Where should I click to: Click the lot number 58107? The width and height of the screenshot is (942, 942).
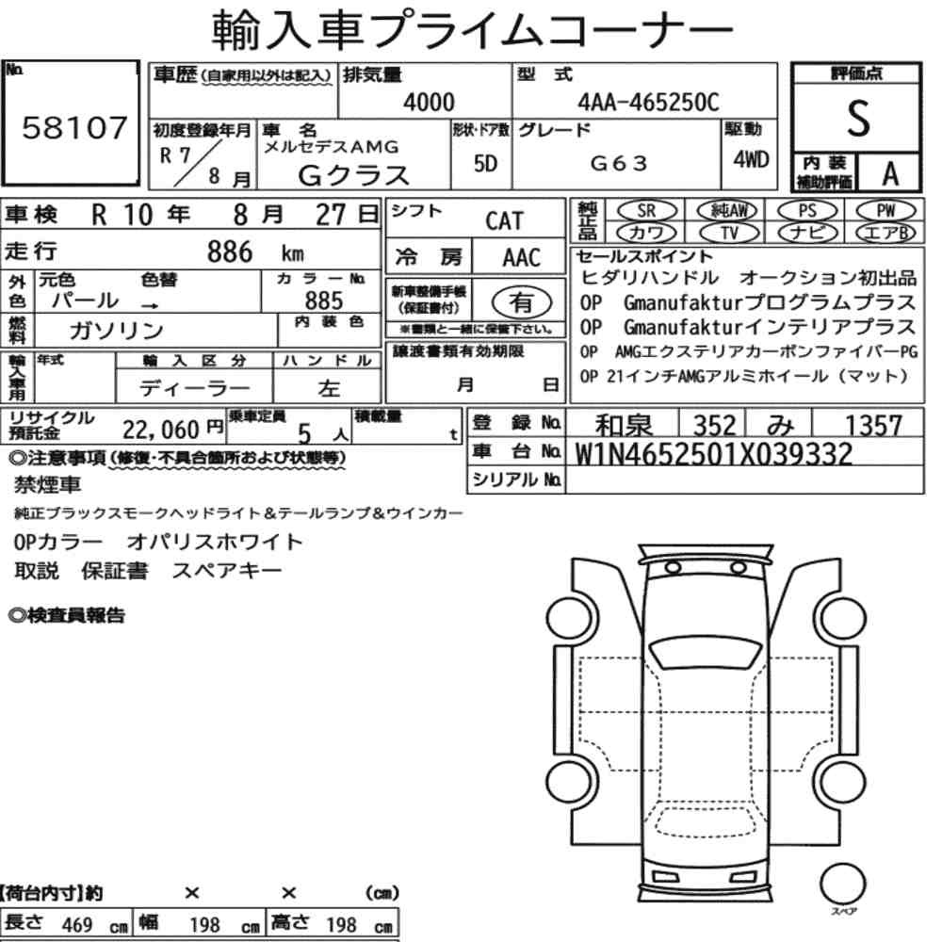tap(74, 127)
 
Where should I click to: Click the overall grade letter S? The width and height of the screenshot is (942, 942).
tap(858, 119)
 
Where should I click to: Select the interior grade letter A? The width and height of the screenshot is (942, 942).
tap(890, 174)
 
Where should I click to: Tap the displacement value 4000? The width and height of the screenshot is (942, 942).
tap(429, 102)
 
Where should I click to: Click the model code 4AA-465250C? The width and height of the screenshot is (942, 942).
tap(648, 102)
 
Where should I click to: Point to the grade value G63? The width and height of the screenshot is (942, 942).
tap(619, 163)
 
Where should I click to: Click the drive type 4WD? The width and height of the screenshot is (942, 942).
tap(751, 160)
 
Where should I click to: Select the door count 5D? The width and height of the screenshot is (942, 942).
tap(485, 163)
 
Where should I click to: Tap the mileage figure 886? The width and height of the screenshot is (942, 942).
tap(230, 252)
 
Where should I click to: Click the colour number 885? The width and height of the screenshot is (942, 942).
tap(324, 300)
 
